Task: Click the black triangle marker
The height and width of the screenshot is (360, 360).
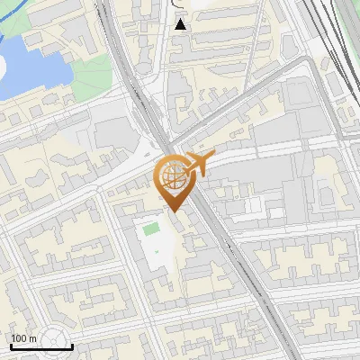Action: tap(181, 24)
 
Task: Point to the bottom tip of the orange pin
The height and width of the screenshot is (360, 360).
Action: tap(174, 211)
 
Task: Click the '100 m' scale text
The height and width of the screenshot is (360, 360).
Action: tap(23, 337)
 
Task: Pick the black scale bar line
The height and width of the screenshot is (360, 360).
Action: tap(41, 346)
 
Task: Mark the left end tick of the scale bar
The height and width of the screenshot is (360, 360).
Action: tap(11, 345)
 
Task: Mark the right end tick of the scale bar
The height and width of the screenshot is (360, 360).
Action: tap(73, 345)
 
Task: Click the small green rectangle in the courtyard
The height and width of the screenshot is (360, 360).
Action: tap(151, 231)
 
